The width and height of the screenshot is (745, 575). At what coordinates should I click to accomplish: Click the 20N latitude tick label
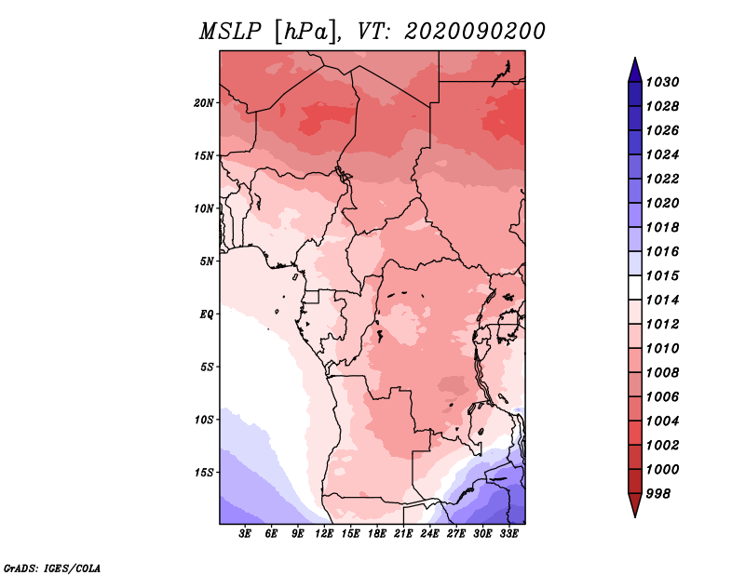pyautogui.click(x=204, y=103)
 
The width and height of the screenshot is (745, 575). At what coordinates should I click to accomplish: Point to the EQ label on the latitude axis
pyautogui.click(x=207, y=314)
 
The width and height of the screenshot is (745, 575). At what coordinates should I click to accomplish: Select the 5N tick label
pyautogui.click(x=207, y=261)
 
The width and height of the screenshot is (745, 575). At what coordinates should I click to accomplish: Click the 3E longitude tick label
pyautogui.click(x=245, y=534)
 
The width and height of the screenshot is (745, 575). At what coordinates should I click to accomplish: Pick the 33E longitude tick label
pyautogui.click(x=508, y=534)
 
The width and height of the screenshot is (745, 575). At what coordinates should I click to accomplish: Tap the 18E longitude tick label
pyautogui.click(x=377, y=534)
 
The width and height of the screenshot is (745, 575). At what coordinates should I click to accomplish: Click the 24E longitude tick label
pyautogui.click(x=429, y=534)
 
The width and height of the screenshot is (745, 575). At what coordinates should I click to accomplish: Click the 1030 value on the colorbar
pyautogui.click(x=663, y=82)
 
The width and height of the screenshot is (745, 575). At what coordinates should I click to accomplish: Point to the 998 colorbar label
pyautogui.click(x=658, y=494)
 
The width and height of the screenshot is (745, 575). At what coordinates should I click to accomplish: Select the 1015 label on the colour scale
pyautogui.click(x=663, y=275)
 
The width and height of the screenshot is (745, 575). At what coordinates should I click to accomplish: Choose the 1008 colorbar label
pyautogui.click(x=663, y=373)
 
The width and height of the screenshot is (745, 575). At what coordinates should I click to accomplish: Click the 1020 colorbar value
pyautogui.click(x=663, y=203)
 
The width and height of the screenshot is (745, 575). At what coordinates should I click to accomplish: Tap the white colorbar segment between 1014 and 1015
pyautogui.click(x=635, y=287)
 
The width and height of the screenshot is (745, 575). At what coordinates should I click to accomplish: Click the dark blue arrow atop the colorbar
pyautogui.click(x=635, y=71)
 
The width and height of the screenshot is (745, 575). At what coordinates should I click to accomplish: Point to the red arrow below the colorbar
pyautogui.click(x=635, y=505)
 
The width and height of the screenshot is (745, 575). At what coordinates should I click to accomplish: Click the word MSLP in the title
pyautogui.click(x=230, y=33)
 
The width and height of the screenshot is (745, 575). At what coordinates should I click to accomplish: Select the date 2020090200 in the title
pyautogui.click(x=475, y=32)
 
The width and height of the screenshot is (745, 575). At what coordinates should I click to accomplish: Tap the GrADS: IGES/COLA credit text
pyautogui.click(x=52, y=568)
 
